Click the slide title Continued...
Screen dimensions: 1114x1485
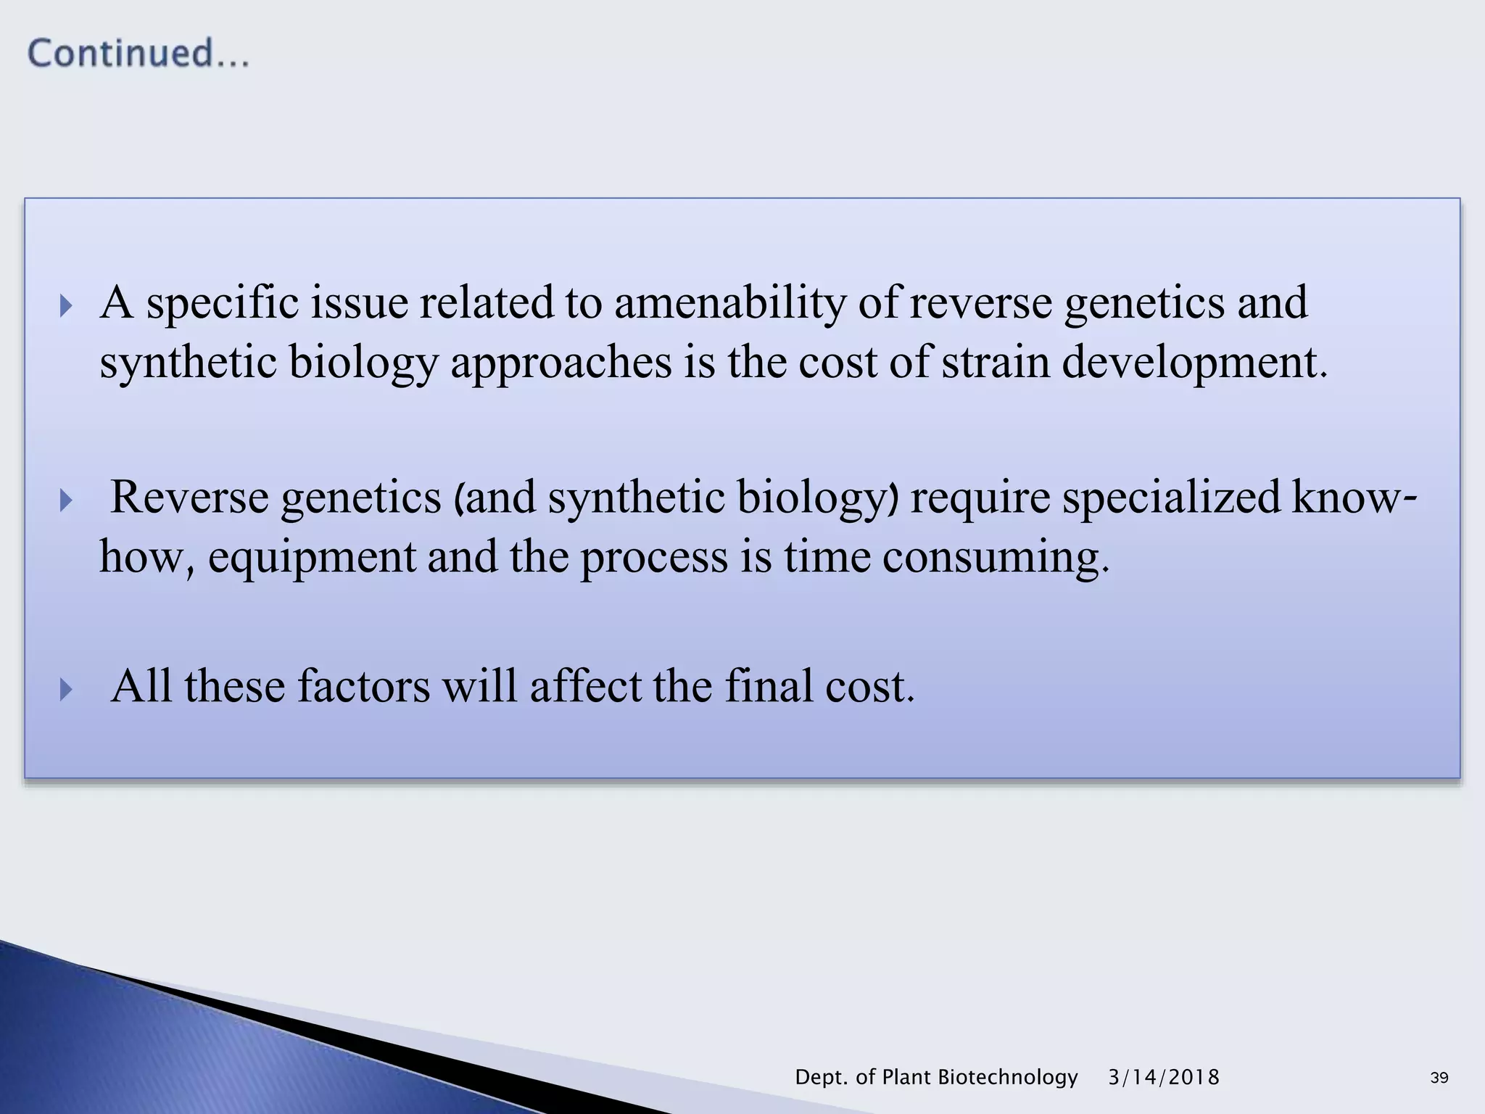click(138, 54)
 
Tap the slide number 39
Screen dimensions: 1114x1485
click(1439, 1078)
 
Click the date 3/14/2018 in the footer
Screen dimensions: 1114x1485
click(1163, 1077)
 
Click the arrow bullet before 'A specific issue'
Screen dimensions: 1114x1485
click(66, 306)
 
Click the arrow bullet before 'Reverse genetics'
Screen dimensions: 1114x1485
click(66, 500)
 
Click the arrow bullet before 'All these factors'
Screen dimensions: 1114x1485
click(66, 689)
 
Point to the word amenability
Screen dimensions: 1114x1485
click(729, 302)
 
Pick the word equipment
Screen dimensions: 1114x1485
click(312, 557)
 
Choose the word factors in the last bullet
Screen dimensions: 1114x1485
click(363, 686)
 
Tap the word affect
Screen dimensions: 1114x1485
click(585, 686)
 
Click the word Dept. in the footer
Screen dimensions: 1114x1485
click(822, 1077)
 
